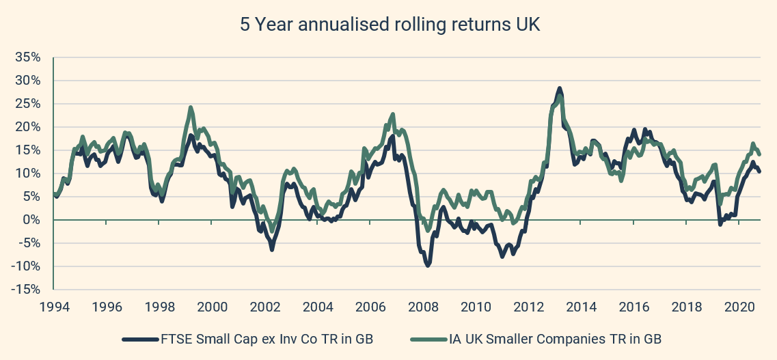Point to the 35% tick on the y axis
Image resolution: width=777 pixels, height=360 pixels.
tap(28, 57)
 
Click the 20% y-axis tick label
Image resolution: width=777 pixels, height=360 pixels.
tap(28, 127)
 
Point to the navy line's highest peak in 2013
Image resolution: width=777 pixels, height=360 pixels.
tap(560, 89)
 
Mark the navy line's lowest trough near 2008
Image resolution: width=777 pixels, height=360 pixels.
tap(428, 265)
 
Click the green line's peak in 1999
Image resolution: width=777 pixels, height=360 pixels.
tap(191, 107)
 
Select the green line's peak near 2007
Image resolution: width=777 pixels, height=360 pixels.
tap(393, 114)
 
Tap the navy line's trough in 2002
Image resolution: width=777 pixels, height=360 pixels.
tap(271, 249)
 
